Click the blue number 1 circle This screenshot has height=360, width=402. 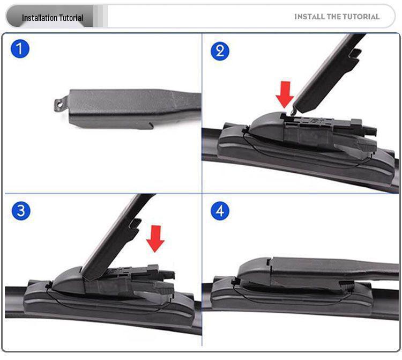20,49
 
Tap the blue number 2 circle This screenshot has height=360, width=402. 220,51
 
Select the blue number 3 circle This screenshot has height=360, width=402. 21,211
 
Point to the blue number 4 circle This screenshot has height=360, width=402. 220,211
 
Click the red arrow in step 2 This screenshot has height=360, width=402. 285,94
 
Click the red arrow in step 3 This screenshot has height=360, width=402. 155,239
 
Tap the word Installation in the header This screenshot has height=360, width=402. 40,18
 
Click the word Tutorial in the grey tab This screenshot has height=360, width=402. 71,18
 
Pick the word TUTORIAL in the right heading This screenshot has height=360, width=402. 361,17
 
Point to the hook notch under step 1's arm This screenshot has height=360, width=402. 150,125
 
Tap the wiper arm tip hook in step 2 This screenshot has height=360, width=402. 294,112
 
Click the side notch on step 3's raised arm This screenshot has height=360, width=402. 135,224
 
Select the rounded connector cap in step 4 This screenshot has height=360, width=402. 254,271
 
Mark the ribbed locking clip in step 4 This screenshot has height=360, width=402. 347,287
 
